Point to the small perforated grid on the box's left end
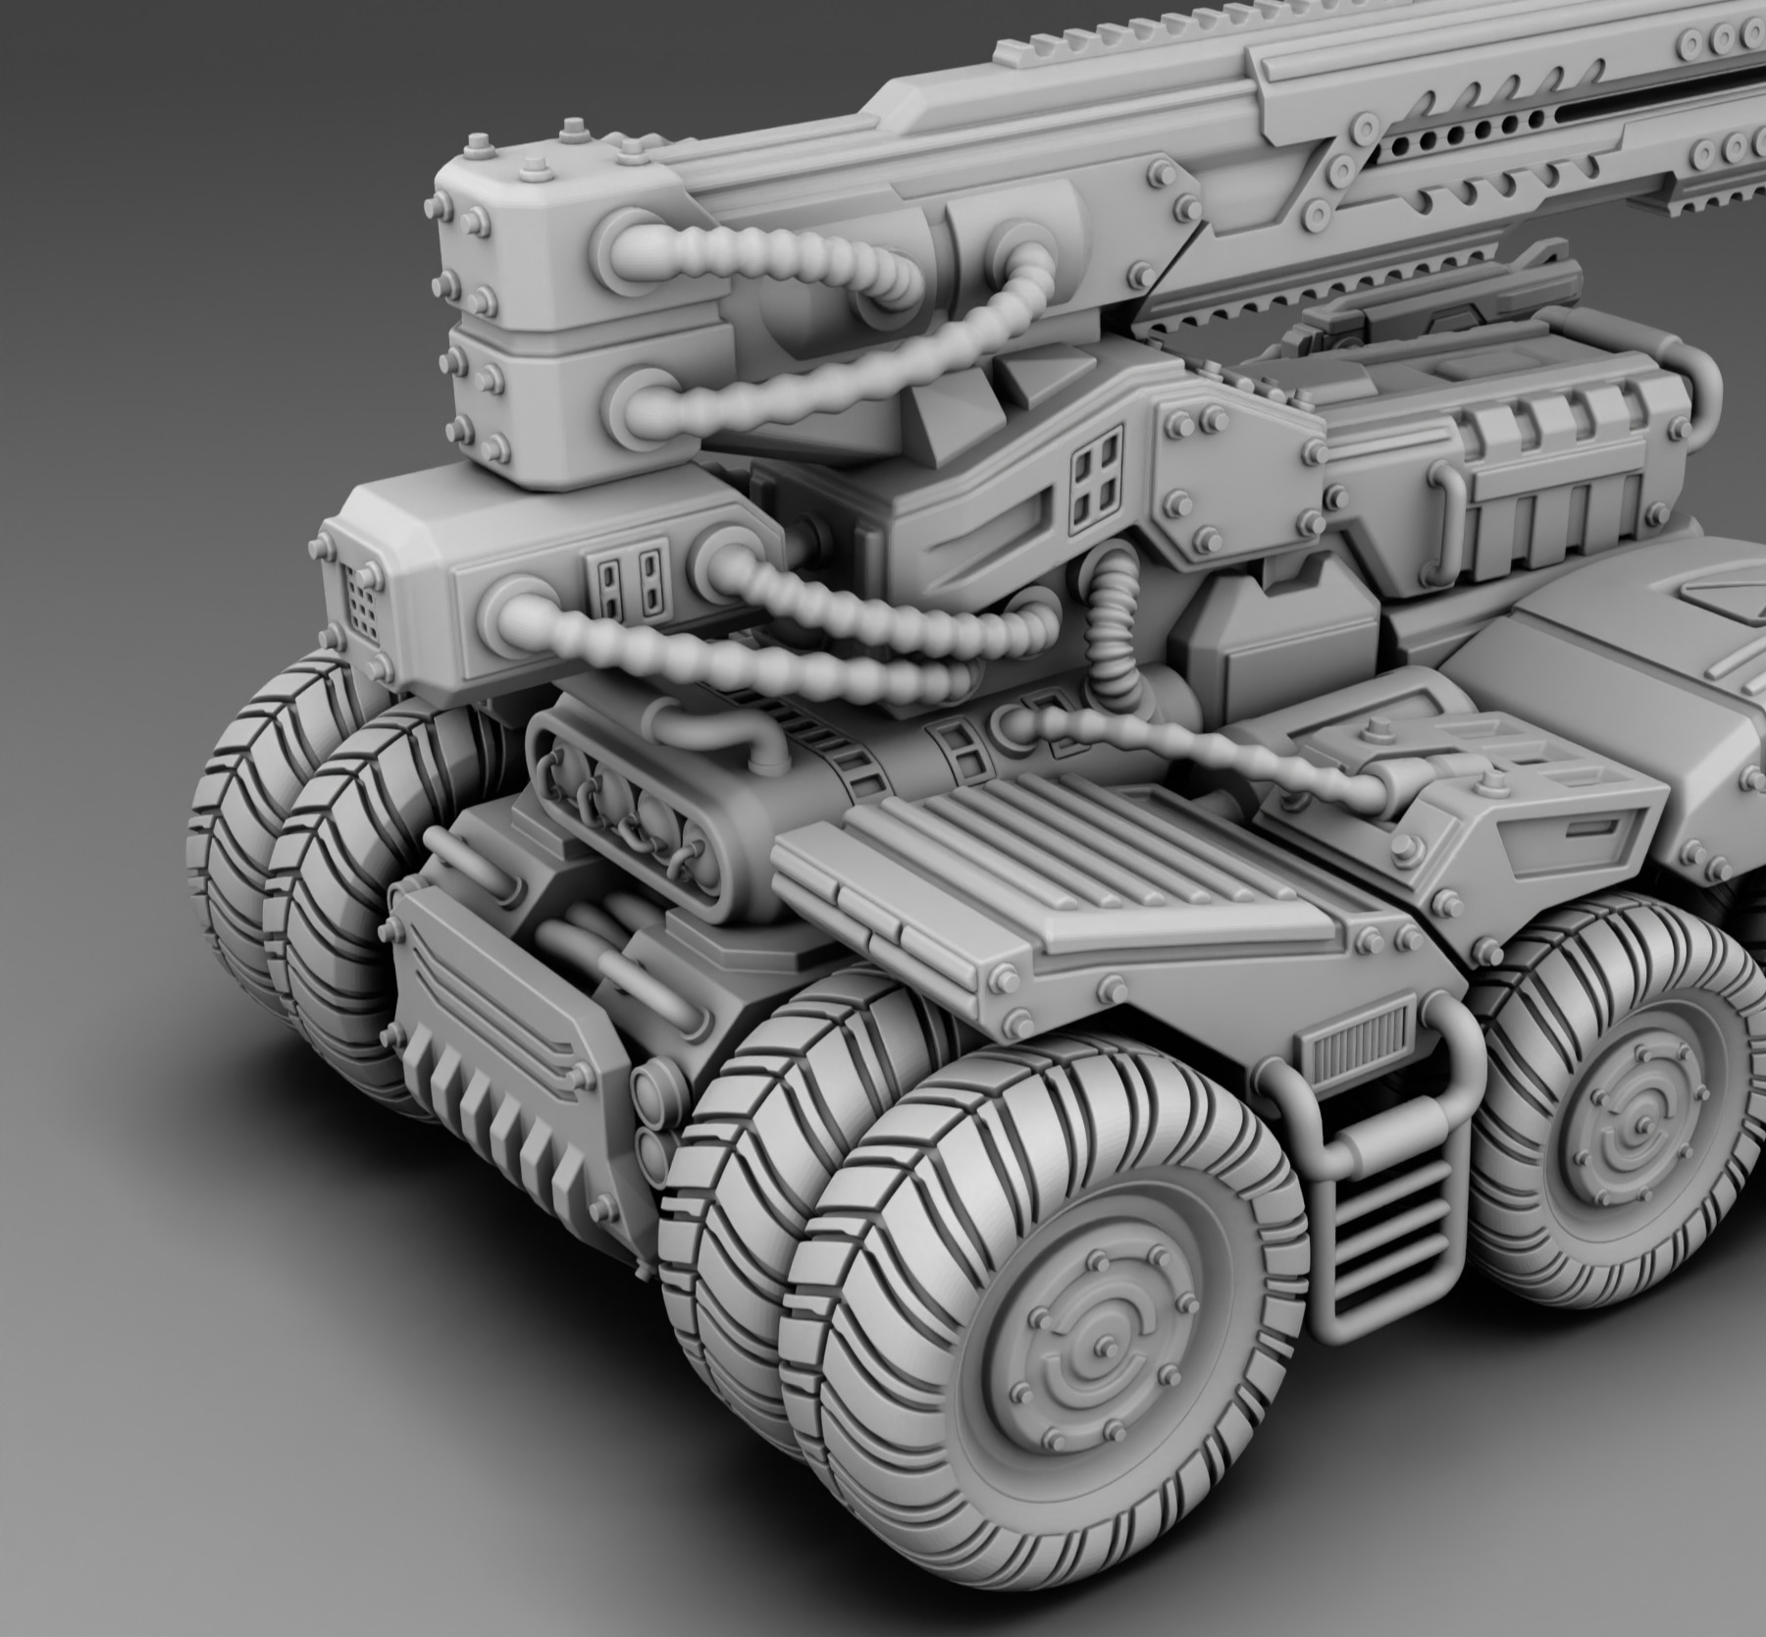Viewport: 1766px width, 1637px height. tap(362, 602)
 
